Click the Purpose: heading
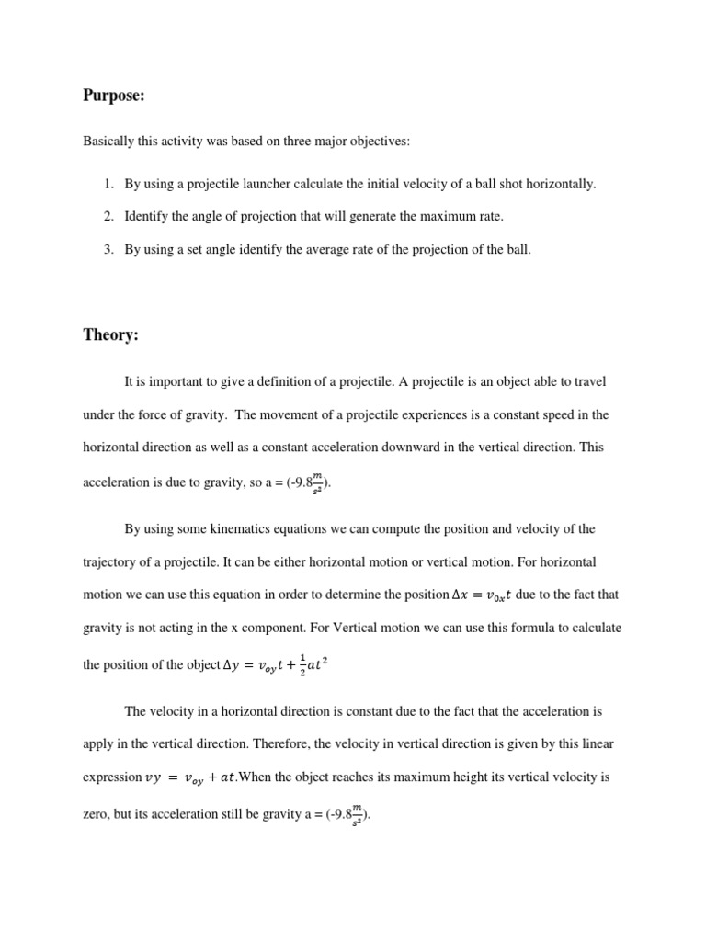tap(114, 95)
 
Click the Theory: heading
tap(110, 335)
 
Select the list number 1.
tap(108, 184)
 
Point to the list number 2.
tap(108, 217)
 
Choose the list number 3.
tap(108, 250)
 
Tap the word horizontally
tap(561, 184)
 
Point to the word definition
tap(306, 381)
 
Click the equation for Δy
tap(276, 663)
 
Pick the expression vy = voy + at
tap(191, 778)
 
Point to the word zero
tap(97, 813)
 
